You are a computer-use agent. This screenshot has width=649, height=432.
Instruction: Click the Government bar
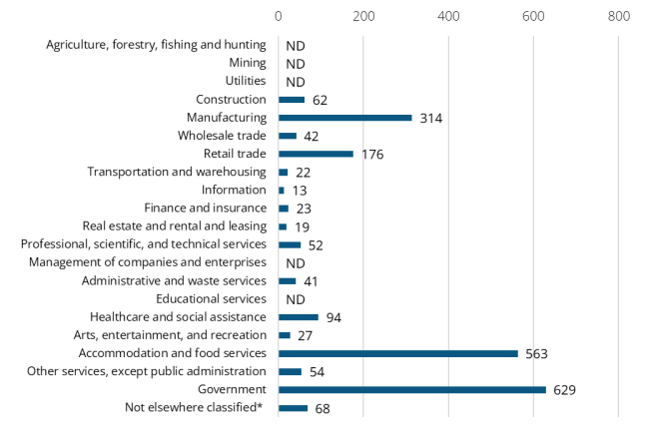tap(411, 389)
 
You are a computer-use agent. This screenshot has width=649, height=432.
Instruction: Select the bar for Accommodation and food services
tap(397, 353)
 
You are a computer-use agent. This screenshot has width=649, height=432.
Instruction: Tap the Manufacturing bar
tap(344, 118)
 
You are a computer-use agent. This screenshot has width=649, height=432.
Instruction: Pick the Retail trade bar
tap(316, 154)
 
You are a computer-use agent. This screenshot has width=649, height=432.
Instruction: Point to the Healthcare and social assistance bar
tap(298, 317)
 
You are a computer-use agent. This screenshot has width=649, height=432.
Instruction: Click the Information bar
tap(281, 190)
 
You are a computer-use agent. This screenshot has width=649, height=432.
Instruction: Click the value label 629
tap(566, 390)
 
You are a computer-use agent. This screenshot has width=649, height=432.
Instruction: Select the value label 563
tap(538, 354)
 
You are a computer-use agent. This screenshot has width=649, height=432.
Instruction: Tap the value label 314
tap(431, 119)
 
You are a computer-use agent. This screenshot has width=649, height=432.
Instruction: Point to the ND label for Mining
tap(295, 64)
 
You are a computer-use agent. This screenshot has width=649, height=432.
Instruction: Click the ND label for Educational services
tap(295, 299)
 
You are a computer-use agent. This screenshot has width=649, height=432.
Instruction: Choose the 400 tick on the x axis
tap(448, 16)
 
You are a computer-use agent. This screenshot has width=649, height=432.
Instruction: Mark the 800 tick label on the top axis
tap(618, 16)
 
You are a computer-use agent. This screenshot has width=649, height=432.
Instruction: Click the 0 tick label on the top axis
tap(279, 16)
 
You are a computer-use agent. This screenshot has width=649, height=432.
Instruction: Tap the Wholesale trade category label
tap(222, 136)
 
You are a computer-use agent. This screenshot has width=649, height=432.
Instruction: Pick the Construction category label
tap(232, 100)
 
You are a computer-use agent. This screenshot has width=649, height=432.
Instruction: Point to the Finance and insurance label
tap(205, 208)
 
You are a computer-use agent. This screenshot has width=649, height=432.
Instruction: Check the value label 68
tap(322, 408)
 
